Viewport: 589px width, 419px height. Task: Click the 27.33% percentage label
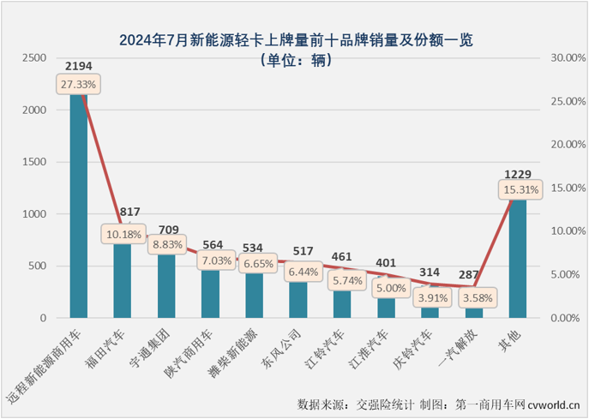pyautogui.click(x=79, y=84)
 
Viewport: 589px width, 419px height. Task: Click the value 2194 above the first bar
pyautogui.click(x=79, y=65)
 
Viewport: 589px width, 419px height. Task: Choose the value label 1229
pyautogui.click(x=518, y=171)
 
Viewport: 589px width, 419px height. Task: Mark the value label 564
pyautogui.click(x=211, y=241)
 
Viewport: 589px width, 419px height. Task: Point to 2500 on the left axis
pyautogui.click(x=35, y=57)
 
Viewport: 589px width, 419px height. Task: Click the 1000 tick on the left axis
pyautogui.click(x=35, y=214)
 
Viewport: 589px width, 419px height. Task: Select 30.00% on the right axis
pyautogui.click(x=567, y=57)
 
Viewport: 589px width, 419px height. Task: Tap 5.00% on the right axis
pyautogui.click(x=567, y=274)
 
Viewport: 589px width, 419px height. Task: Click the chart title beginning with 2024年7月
pyautogui.click(x=295, y=39)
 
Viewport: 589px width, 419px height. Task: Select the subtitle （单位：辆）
pyautogui.click(x=295, y=59)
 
